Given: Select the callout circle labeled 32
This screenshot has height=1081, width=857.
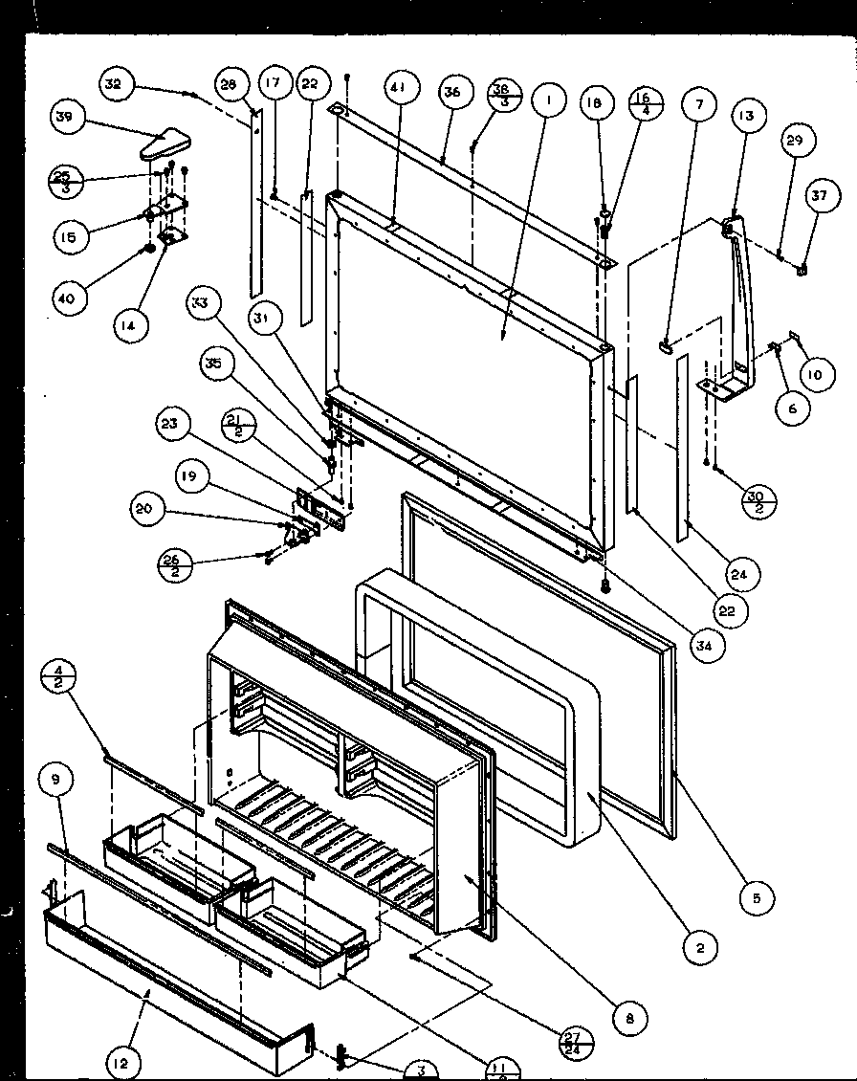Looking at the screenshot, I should [115, 85].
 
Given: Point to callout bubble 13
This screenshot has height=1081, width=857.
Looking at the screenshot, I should [746, 116].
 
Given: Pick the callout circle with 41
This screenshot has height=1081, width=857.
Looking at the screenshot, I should [396, 88].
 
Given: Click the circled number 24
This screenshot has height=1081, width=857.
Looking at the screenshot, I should [743, 575].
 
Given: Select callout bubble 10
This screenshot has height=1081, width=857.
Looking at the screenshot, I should [813, 376].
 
